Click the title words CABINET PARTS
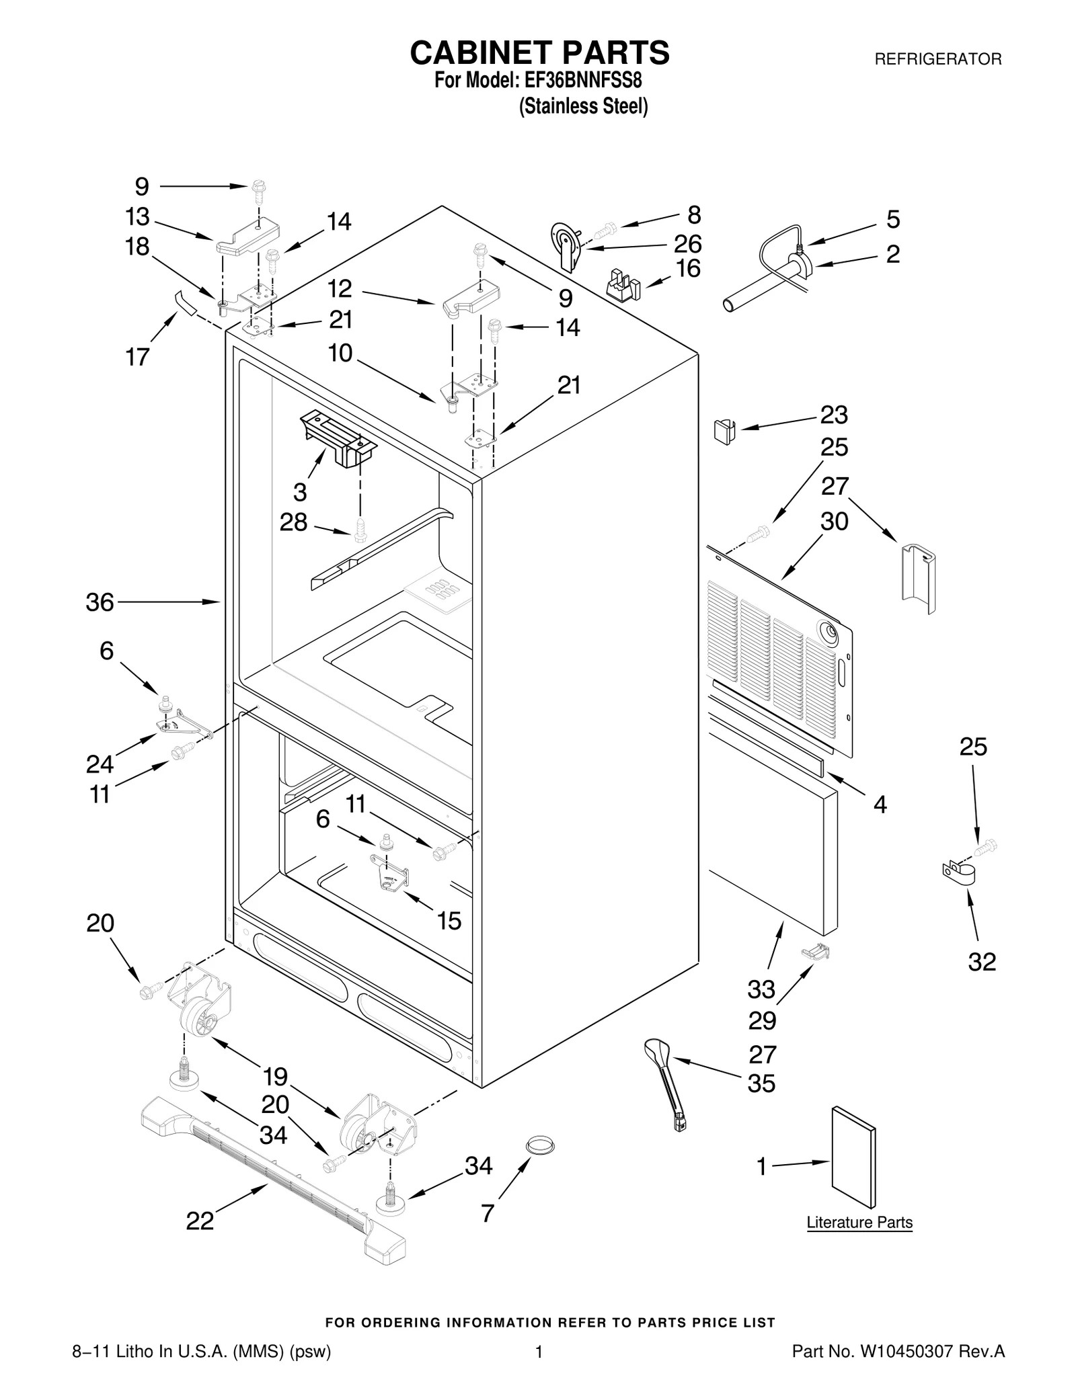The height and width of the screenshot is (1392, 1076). tap(539, 52)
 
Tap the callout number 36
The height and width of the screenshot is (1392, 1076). tap(100, 602)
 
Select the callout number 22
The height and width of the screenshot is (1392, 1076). tap(200, 1221)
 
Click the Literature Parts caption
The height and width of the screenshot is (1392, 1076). tap(859, 1222)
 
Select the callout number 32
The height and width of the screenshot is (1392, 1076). tap(981, 962)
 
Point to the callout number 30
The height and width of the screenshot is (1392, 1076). tap(834, 521)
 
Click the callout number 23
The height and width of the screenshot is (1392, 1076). tap(834, 415)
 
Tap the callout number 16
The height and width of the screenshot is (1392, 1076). tap(688, 268)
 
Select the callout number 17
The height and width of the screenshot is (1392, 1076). tap(137, 357)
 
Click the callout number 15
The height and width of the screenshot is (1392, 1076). tap(449, 920)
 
